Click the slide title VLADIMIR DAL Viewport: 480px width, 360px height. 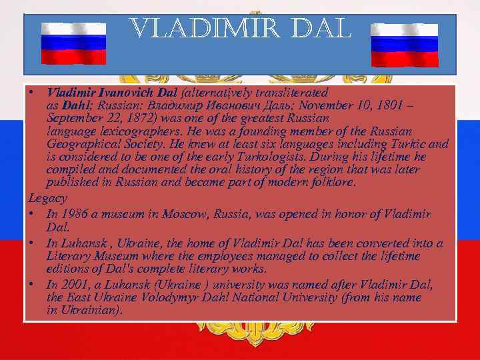[240, 29]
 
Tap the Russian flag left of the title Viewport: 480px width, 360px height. [73, 43]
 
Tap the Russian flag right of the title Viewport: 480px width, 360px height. [404, 45]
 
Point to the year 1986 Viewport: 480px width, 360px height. [71, 214]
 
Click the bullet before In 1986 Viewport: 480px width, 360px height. [33, 214]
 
